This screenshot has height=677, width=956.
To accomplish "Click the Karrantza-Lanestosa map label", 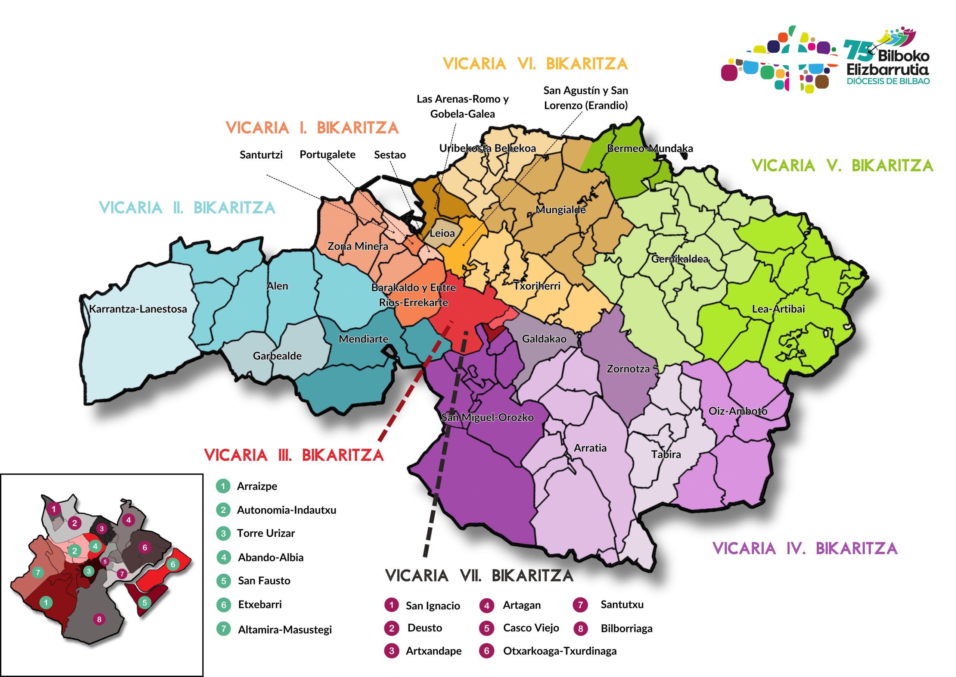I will click(x=138, y=309).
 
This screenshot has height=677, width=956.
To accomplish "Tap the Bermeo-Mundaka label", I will click(x=649, y=149).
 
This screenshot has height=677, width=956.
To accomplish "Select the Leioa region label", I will click(x=442, y=233).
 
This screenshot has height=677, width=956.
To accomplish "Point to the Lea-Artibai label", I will click(x=778, y=309).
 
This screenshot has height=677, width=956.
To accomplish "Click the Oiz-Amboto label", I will click(x=738, y=411).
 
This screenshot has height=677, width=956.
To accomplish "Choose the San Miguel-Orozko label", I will click(x=487, y=417).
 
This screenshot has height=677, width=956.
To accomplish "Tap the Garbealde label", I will click(x=277, y=356).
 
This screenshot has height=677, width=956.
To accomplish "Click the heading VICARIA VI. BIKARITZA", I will click(x=535, y=64).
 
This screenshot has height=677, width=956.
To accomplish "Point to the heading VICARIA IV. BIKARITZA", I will click(x=805, y=548).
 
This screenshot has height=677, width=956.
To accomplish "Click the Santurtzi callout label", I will click(x=261, y=155).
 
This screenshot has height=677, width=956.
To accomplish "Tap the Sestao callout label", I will click(x=389, y=155).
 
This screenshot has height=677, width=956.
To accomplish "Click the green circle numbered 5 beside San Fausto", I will click(x=224, y=581).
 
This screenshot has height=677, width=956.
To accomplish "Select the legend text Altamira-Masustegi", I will click(x=285, y=630).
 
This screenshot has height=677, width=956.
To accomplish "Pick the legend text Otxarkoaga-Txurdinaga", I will click(x=559, y=651).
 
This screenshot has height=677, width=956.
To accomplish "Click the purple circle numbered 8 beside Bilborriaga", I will click(x=580, y=628).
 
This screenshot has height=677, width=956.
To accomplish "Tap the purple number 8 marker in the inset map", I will click(x=99, y=619).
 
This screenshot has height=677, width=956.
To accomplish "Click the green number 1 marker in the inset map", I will click(x=46, y=602).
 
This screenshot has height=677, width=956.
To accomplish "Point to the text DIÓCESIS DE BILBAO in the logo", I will click(x=888, y=81).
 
